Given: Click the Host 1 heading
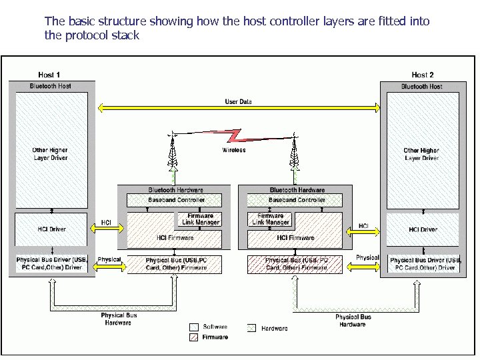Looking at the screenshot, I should point(50,75).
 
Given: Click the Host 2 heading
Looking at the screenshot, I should point(422,75).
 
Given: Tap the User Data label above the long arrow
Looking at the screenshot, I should point(238,101).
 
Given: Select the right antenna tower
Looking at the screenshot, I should point(293,155).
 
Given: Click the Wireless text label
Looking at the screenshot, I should point(233,150).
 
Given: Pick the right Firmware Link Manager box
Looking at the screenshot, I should point(270,219).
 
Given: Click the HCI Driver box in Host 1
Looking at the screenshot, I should point(51,229).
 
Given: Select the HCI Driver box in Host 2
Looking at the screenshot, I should point(423,229).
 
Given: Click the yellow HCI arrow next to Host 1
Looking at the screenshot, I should point(106,229).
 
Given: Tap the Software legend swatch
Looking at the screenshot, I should point(194,327).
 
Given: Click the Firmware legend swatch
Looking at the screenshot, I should point(194,337).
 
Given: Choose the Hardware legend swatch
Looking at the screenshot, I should point(251,328).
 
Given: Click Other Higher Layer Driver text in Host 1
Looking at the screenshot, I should point(50,154).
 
